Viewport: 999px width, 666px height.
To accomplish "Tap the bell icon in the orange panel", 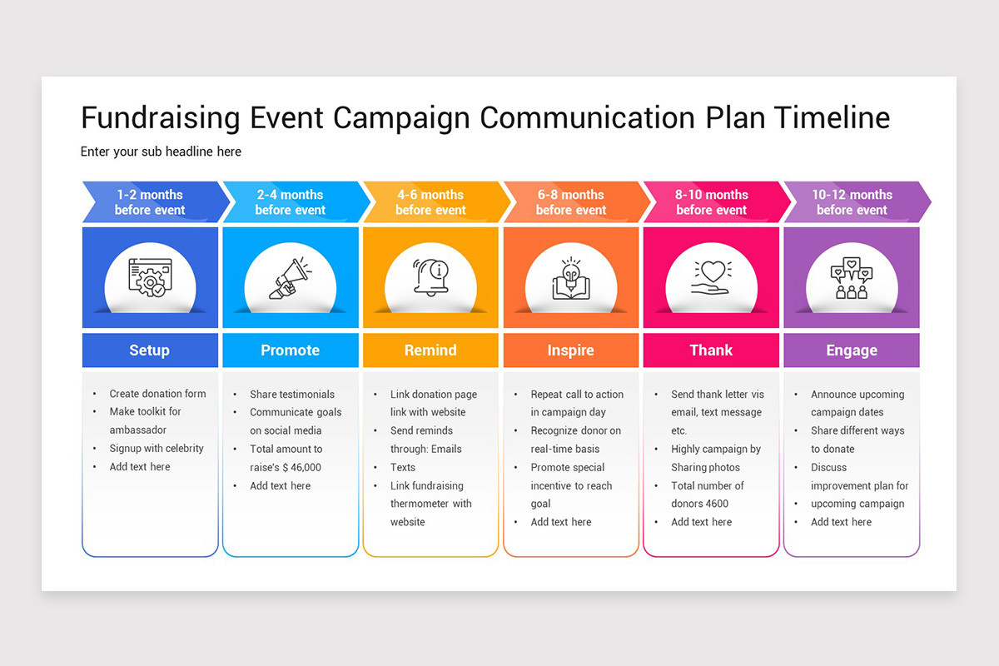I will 430,276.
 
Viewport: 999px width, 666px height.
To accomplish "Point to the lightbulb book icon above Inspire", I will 571,278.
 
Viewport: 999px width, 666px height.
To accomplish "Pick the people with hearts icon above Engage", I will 851,278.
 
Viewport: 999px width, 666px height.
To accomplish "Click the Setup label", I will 150,350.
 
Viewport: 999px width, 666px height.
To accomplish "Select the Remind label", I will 430,350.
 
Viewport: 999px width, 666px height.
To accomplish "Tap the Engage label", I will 851,350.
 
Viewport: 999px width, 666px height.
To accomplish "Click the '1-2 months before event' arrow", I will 151,202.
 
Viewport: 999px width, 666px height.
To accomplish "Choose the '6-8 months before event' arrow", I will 571,202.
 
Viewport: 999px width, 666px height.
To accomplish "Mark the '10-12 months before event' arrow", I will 852,202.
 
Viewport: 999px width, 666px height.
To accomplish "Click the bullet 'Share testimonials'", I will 292,394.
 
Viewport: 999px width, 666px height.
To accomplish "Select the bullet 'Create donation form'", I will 157,394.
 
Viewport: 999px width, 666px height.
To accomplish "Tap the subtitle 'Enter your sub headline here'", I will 161,152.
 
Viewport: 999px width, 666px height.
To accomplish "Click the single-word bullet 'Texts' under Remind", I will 403,467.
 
